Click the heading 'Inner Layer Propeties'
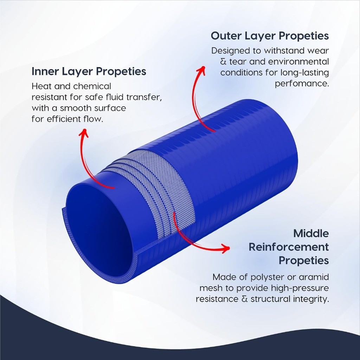pos(89,71)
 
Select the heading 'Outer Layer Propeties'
pos(270,36)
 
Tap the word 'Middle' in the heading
pos(311,233)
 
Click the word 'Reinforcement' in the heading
pos(289,247)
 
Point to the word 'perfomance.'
pos(302,84)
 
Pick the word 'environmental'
pos(298,62)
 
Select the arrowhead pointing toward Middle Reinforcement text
pos(225,248)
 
